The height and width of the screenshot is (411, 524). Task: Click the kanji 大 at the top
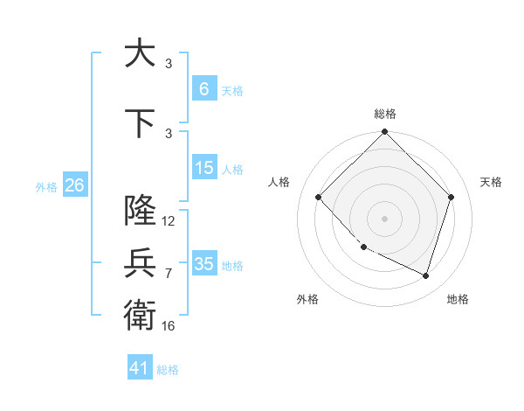[140, 53]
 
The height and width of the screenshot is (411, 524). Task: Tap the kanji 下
[140, 124]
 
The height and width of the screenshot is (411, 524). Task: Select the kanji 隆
[140, 211]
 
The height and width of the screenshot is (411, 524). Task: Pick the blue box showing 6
[203, 88]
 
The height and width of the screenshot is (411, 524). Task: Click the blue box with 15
[203, 168]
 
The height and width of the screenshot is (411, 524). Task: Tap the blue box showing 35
[203, 263]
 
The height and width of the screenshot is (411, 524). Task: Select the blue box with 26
[74, 185]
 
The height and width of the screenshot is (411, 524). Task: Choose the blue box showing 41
[140, 368]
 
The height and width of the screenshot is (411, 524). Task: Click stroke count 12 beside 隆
[169, 221]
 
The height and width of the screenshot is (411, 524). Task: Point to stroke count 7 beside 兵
[169, 274]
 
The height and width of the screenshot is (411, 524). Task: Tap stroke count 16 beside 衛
[169, 326]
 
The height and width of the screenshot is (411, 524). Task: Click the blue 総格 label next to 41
[168, 370]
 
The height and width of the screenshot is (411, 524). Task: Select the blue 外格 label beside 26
[46, 186]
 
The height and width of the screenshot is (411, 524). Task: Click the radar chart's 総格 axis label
[384, 114]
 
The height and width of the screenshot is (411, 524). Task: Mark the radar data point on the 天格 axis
[452, 197]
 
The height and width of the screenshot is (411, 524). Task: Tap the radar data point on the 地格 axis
[426, 275]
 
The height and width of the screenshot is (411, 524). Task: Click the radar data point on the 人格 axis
[318, 197]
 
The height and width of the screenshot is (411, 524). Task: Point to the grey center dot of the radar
[384, 218]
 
